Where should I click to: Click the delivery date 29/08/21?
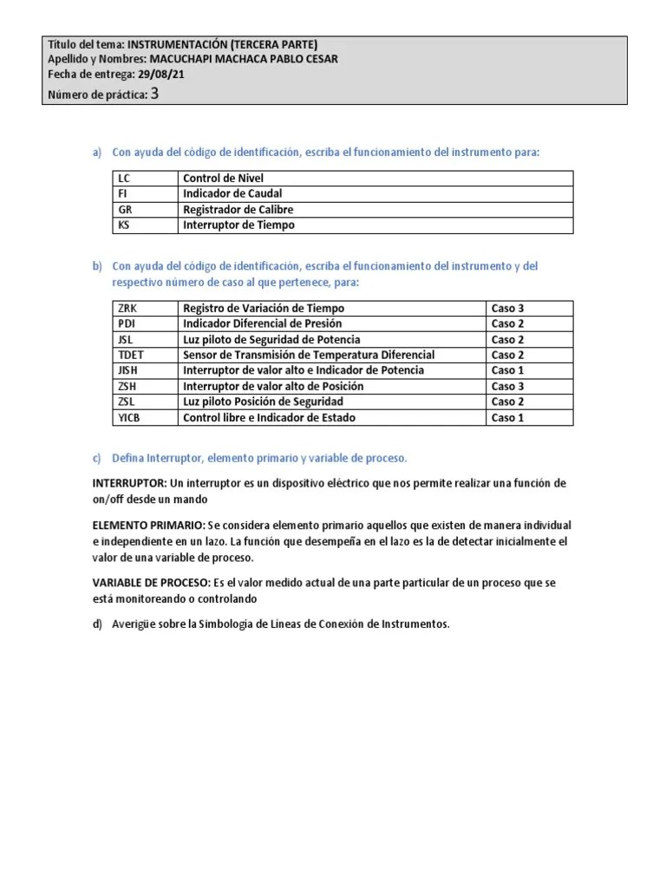(x=161, y=75)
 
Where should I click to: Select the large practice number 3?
(x=154, y=95)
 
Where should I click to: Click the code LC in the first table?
(x=124, y=179)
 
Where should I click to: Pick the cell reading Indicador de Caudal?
(x=232, y=194)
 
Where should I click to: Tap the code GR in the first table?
(x=125, y=210)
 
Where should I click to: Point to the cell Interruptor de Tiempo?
(x=238, y=225)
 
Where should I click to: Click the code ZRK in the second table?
(x=127, y=309)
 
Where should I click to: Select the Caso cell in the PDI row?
(x=507, y=324)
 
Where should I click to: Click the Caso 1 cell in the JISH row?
(x=507, y=371)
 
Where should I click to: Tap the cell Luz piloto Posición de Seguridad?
(x=263, y=402)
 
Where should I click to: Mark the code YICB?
(x=129, y=418)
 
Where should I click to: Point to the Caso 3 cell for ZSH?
(x=507, y=387)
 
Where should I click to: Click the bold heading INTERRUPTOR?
(x=130, y=484)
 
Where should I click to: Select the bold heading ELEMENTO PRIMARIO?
(x=148, y=526)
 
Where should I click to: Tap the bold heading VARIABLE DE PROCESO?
(x=153, y=584)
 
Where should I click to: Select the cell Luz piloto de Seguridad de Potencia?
(x=271, y=340)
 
